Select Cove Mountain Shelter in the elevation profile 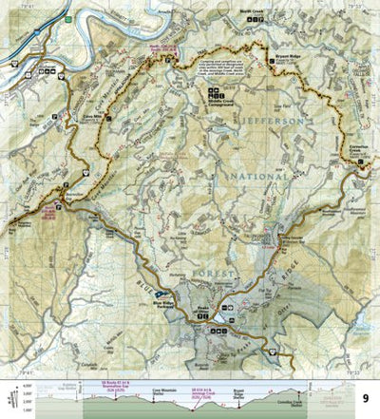(140, 389)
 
